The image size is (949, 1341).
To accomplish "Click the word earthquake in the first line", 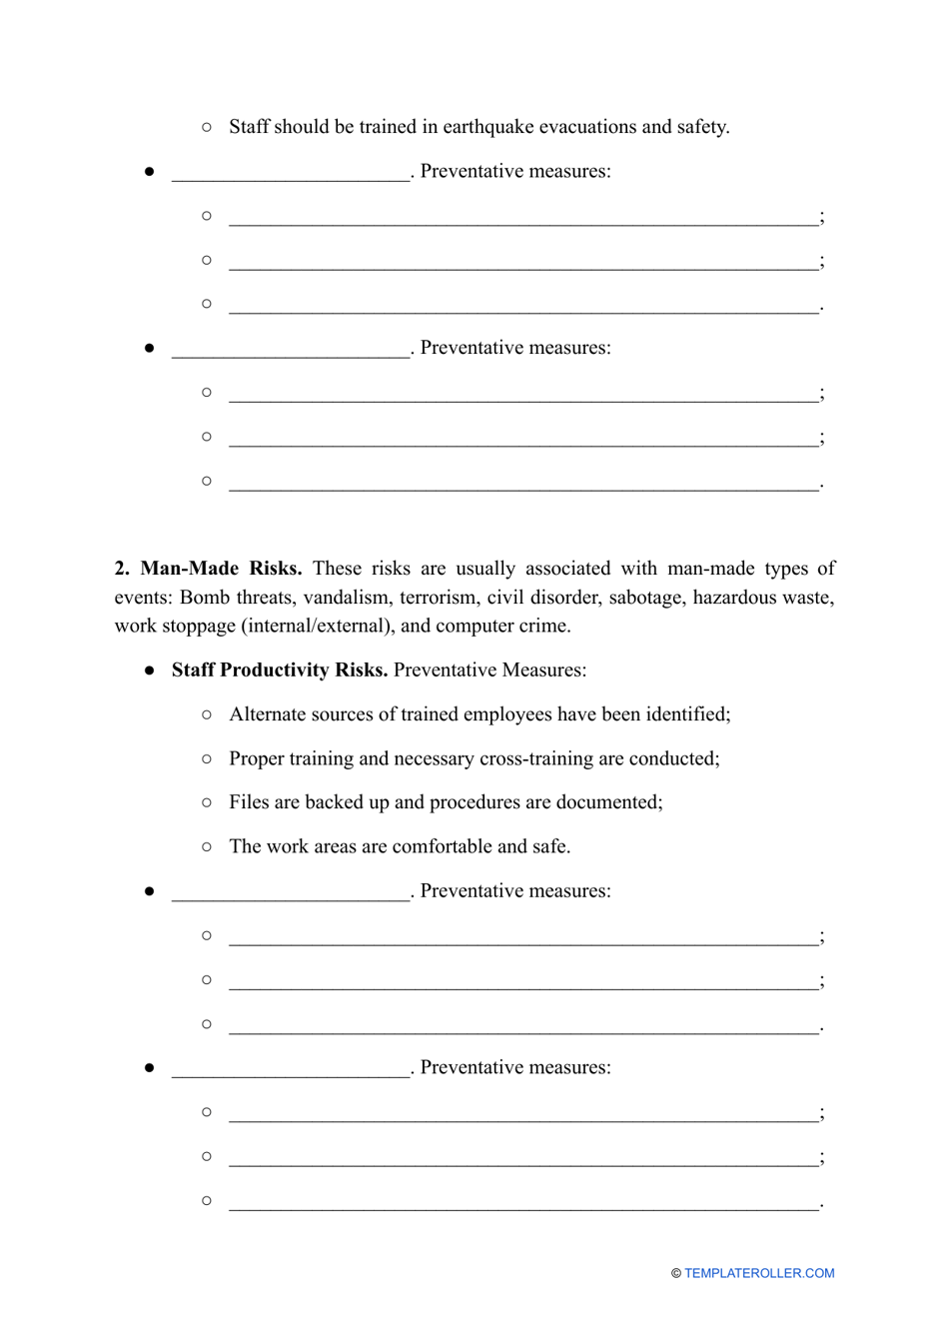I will click(x=487, y=127).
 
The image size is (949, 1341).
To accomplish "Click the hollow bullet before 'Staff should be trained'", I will click(x=207, y=127).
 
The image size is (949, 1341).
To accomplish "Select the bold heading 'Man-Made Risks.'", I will click(x=221, y=569).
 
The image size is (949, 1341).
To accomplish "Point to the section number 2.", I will click(x=122, y=569).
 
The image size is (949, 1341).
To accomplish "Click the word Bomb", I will click(x=205, y=598).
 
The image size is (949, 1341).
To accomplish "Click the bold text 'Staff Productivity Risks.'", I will click(x=279, y=670).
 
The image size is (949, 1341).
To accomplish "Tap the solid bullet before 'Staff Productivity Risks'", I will click(x=149, y=670).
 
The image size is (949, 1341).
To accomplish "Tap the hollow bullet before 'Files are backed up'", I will click(x=207, y=802).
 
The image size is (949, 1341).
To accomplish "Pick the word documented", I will click(x=608, y=802).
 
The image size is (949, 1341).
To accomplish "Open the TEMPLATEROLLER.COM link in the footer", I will click(x=759, y=1273).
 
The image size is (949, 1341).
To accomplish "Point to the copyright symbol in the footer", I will click(x=676, y=1273).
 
